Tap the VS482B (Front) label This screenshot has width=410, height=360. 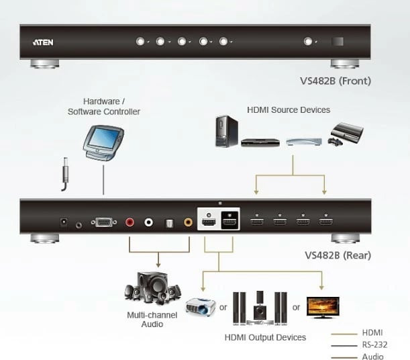pyautogui.click(x=336, y=81)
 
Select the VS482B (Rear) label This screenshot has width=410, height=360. pyautogui.click(x=338, y=255)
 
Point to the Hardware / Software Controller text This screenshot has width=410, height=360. pyautogui.click(x=104, y=106)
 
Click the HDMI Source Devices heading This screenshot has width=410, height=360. pyautogui.click(x=289, y=109)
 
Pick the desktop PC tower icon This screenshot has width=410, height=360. pyautogui.click(x=225, y=131)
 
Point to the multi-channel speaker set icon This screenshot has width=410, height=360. pyautogui.click(x=152, y=289)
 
